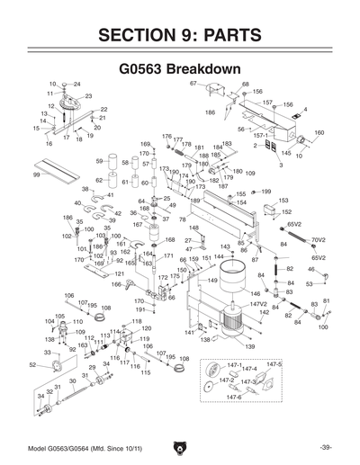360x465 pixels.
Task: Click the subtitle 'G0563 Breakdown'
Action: (x=179, y=69)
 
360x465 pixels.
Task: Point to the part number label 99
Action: (x=36, y=175)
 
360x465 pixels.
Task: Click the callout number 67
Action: (x=193, y=84)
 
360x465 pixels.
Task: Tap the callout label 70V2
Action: (x=318, y=240)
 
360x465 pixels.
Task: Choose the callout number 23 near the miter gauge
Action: (x=88, y=96)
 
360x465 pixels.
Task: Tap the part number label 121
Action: (x=120, y=273)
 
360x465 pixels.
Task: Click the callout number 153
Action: (x=283, y=201)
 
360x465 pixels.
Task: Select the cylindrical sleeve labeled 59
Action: (x=113, y=163)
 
